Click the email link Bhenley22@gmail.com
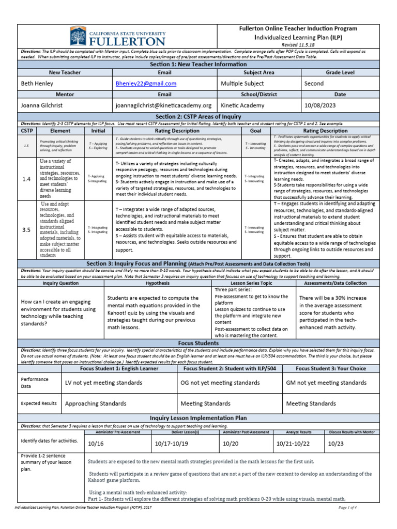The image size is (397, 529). [146, 83]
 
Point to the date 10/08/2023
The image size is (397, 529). [320, 105]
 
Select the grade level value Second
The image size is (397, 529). [314, 83]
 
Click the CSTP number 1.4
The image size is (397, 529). [26, 179]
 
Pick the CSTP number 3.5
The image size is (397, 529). [26, 230]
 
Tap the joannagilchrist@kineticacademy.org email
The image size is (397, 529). [164, 105]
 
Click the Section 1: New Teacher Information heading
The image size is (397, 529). [198, 64]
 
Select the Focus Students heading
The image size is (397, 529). [198, 343]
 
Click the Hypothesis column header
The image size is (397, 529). [157, 284]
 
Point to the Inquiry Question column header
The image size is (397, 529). [61, 284]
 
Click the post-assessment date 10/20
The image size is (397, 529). [230, 444]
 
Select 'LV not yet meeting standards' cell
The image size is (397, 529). [103, 383]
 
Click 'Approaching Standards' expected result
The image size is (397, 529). [96, 403]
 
